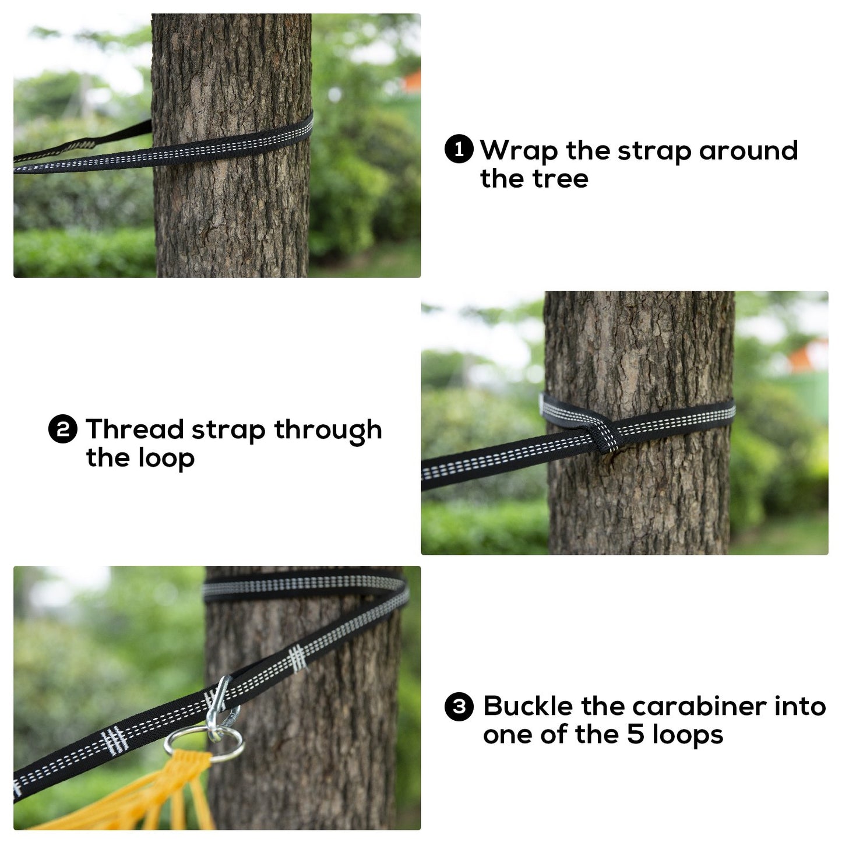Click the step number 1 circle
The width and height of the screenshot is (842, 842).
(x=459, y=149)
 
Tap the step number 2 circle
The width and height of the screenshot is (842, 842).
(x=63, y=429)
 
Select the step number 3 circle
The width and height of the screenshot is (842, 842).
(x=459, y=707)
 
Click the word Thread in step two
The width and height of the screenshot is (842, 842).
(x=135, y=429)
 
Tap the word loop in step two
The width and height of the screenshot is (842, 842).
(x=166, y=459)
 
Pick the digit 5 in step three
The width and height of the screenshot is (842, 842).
(x=636, y=735)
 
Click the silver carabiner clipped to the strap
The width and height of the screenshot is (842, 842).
(x=223, y=711)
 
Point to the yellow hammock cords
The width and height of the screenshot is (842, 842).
(x=144, y=796)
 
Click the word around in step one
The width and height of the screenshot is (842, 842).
(x=749, y=151)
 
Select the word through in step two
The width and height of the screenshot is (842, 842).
(x=328, y=431)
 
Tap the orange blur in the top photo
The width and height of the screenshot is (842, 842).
(x=411, y=82)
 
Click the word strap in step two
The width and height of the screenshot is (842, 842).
(x=228, y=431)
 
